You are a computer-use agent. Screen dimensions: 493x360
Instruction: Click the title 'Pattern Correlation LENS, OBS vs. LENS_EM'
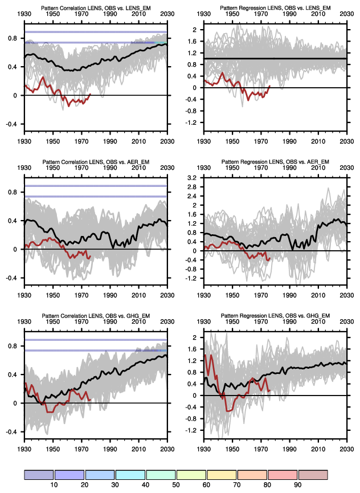click(96, 7)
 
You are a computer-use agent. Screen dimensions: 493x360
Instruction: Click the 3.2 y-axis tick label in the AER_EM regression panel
click(192, 178)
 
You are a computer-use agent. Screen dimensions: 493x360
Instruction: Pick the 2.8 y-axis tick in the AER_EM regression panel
click(192, 187)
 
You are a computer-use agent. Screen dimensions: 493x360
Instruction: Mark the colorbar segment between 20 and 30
click(100, 475)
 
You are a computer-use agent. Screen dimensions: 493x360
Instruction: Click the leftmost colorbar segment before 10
click(38, 475)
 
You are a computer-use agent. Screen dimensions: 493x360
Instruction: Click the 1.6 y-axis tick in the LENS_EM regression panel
click(192, 42)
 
